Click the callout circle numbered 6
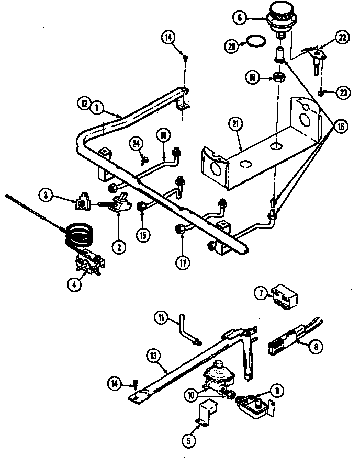[x=240, y=17]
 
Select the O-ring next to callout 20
[x=255, y=41]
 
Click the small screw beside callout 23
[x=320, y=92]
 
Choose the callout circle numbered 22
[x=342, y=38]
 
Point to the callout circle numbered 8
[x=332, y=345]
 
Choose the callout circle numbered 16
[x=341, y=126]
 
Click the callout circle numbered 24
[x=137, y=143]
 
